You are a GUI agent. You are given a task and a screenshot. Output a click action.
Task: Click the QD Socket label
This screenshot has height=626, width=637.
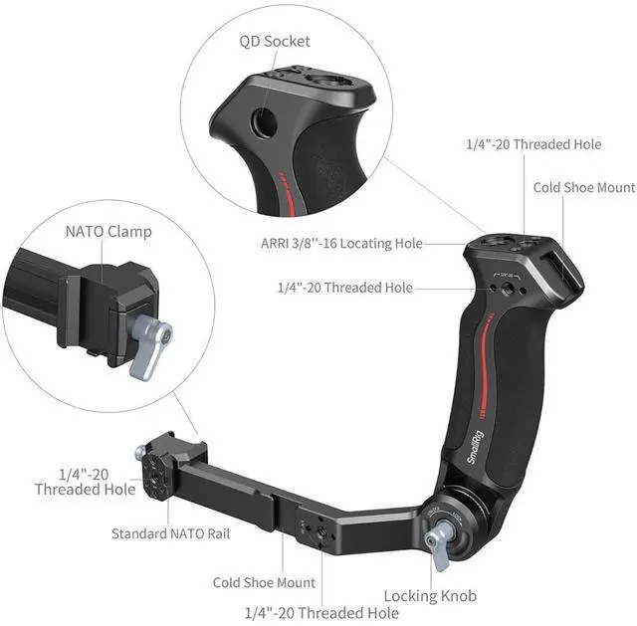tap(274, 41)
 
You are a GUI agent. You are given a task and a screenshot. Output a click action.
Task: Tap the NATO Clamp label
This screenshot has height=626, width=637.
tap(108, 232)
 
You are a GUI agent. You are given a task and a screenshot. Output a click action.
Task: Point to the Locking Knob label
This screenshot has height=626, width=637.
tap(429, 595)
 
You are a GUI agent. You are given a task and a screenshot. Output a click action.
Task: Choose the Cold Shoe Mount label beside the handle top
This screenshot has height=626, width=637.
tap(583, 187)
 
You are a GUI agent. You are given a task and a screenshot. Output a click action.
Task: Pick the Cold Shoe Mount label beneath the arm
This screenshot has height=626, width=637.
tap(264, 582)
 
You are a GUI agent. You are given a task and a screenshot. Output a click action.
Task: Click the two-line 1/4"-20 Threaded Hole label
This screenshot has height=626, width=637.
tap(85, 481)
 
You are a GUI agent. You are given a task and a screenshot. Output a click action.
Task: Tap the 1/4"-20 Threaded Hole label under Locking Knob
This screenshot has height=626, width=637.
tap(316, 612)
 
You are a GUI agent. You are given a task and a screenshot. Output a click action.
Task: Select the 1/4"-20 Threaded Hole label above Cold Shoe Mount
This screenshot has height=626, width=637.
tap(533, 144)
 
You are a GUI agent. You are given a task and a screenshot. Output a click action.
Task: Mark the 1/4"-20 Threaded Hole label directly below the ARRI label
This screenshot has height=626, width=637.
tap(344, 288)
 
